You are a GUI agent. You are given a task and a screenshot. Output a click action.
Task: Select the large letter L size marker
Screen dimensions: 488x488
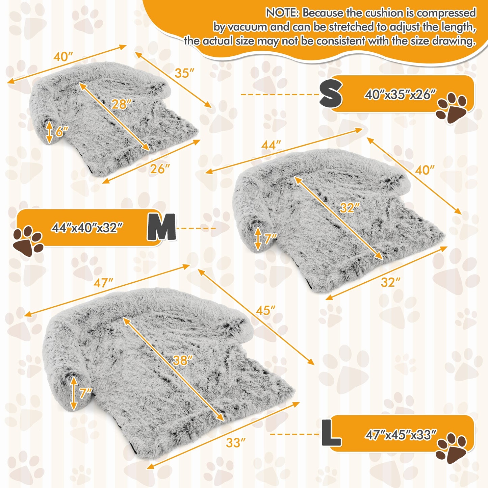point(331,433)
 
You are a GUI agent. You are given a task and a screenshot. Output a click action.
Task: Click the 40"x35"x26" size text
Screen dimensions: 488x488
point(400,95)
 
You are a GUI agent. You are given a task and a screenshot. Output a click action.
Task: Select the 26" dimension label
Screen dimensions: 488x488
point(160,169)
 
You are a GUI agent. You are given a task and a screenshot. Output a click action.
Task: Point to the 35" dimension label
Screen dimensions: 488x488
point(184,73)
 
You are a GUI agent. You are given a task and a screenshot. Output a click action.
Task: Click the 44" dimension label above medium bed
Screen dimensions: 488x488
point(271,145)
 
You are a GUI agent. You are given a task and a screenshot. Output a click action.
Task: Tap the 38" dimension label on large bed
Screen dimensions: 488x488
point(182,360)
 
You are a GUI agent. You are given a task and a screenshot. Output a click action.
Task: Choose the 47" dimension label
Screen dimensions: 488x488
point(103,283)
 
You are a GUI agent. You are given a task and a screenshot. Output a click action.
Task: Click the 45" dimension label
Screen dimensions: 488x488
point(265,310)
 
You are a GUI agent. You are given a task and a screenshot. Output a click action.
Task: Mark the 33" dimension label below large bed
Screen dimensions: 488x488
point(235,442)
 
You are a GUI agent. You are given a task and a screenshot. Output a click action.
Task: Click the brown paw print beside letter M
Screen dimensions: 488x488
point(28,240)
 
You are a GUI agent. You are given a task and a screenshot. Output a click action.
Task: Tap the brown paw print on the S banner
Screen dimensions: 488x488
point(451,107)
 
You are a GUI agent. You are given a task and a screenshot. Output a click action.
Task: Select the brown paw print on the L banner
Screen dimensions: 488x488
point(451,448)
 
